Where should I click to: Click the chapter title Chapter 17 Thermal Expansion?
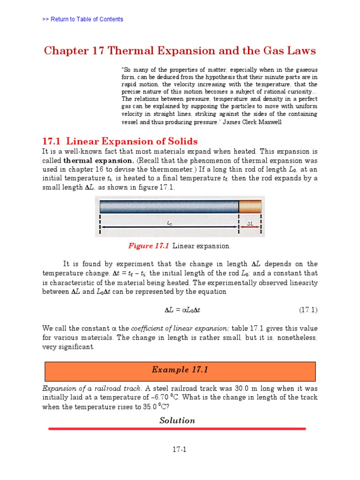click(180, 50)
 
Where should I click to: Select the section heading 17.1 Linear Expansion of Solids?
click(120, 141)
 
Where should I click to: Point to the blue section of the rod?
click(169, 207)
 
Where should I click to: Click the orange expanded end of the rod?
click(251, 207)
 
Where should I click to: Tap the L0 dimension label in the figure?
click(170, 224)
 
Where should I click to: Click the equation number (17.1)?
click(308, 310)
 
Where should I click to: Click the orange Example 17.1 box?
click(180, 370)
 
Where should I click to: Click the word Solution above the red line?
click(177, 420)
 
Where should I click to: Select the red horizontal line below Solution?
click(177, 428)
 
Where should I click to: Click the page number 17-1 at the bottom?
click(179, 450)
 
